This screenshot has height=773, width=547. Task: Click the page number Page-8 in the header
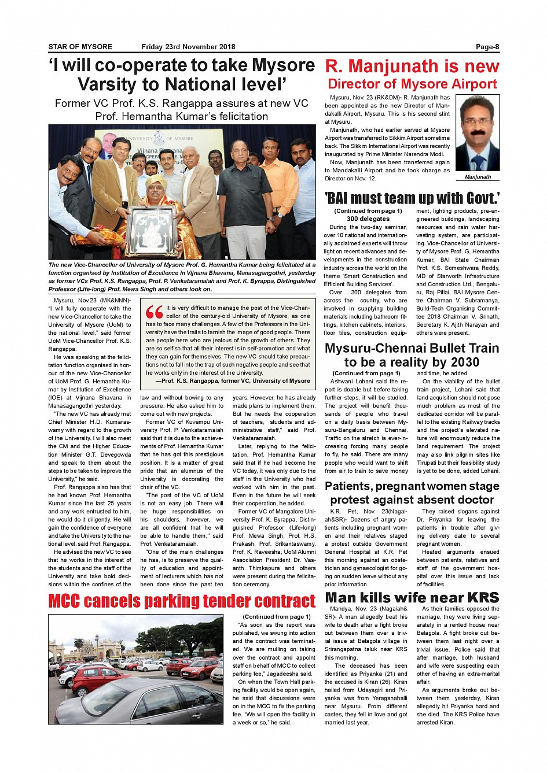pos(487,47)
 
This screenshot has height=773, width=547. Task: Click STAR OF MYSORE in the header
pos(80,47)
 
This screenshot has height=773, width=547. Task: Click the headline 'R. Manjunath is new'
pos(412,66)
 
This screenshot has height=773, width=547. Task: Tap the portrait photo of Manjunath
pos(478,133)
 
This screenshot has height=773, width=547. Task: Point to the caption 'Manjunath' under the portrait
pos(478,177)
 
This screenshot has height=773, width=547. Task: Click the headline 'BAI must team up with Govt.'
pos(412,198)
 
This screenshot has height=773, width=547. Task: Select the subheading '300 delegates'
pos(368,219)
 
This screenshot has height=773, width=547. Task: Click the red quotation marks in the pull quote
pos(155,312)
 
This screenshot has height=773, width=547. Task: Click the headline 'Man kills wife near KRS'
pos(412,597)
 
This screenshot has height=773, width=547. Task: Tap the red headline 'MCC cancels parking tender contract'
pos(182,601)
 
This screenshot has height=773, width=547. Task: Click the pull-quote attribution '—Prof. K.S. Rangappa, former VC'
pos(236,381)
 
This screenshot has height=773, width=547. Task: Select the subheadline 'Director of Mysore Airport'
pos(412,84)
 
